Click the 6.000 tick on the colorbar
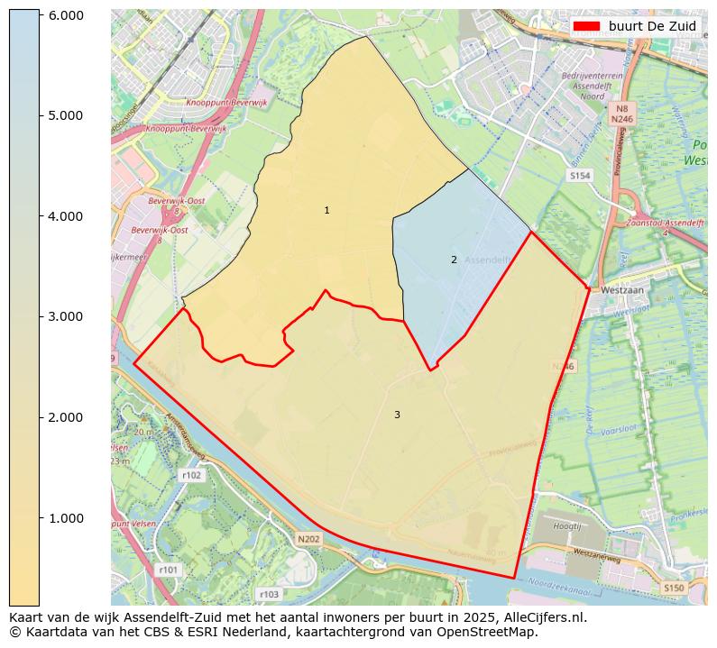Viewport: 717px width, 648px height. coord(65,15)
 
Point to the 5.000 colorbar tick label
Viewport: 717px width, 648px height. coord(65,115)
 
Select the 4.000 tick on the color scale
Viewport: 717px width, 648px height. coord(65,216)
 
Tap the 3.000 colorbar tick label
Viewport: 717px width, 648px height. coord(65,316)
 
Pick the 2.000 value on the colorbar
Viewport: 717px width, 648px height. coord(65,417)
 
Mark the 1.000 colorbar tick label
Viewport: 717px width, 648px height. coord(65,518)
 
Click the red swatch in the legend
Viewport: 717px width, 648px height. coord(586,27)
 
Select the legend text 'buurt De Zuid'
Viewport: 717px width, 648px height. coord(652,27)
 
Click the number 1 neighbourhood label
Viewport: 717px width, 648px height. coord(326,210)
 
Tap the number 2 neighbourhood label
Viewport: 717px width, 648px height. coord(454,260)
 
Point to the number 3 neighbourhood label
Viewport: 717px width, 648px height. coord(397,415)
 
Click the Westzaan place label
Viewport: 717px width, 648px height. coord(621,291)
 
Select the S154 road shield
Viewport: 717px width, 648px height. coord(580,177)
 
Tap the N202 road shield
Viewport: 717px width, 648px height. coord(308,539)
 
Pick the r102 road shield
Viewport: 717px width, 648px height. coord(191,475)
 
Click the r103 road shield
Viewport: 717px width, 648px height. coord(269,594)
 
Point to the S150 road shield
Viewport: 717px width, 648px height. coord(674,588)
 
